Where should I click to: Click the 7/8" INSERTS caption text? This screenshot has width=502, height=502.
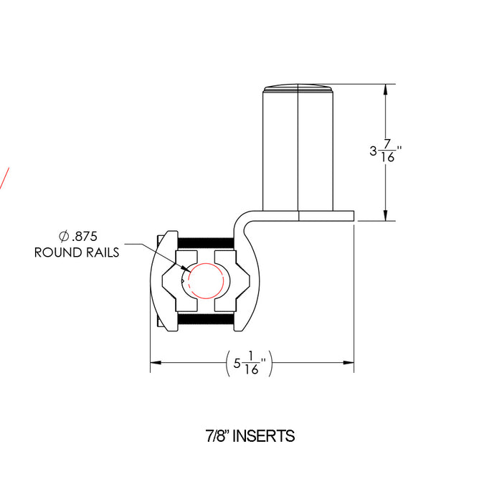pos(250,435)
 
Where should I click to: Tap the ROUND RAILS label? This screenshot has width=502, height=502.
pos(77,252)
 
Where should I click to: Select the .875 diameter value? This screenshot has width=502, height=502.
pos(83,236)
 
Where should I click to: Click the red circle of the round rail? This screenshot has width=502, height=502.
pos(208,280)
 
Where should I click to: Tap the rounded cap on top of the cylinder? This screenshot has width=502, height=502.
pos(298,88)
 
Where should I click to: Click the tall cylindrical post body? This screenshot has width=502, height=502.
pos(298,151)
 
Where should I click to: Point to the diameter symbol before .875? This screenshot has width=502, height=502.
pos(63,236)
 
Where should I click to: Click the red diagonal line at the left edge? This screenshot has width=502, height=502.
pos(4,178)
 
